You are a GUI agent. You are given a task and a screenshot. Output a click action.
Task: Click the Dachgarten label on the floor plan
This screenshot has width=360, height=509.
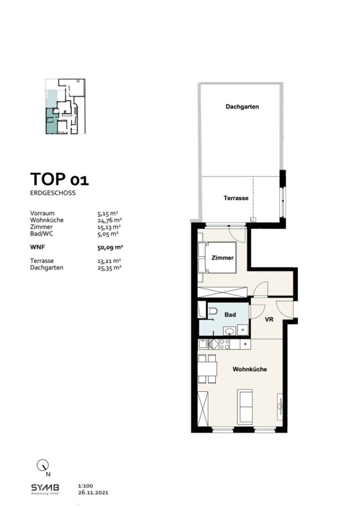(242, 106)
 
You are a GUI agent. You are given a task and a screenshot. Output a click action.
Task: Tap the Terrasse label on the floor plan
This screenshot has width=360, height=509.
(236, 198)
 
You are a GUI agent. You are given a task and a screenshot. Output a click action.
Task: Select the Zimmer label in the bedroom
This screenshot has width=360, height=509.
(222, 258)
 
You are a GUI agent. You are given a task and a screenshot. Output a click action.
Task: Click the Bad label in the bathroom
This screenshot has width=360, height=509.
(230, 315)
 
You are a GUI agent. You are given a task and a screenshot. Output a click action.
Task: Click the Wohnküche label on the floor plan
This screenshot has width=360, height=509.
(250, 369)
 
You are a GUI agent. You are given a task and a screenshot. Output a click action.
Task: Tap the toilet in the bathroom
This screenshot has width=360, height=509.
(213, 312)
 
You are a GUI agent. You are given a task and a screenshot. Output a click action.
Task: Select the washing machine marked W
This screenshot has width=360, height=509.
(243, 330)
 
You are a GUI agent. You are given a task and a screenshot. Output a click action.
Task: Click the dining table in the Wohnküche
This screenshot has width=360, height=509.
(207, 368)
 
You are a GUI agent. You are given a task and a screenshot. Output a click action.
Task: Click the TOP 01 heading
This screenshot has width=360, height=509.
(60, 178)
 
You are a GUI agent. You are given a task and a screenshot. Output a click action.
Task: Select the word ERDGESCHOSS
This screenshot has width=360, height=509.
(53, 193)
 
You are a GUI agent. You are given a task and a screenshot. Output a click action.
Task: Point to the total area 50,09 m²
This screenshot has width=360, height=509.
(110, 246)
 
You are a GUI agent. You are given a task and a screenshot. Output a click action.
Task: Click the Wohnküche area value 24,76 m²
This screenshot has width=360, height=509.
(110, 220)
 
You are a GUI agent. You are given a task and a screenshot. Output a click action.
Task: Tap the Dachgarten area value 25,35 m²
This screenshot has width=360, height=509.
(110, 267)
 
